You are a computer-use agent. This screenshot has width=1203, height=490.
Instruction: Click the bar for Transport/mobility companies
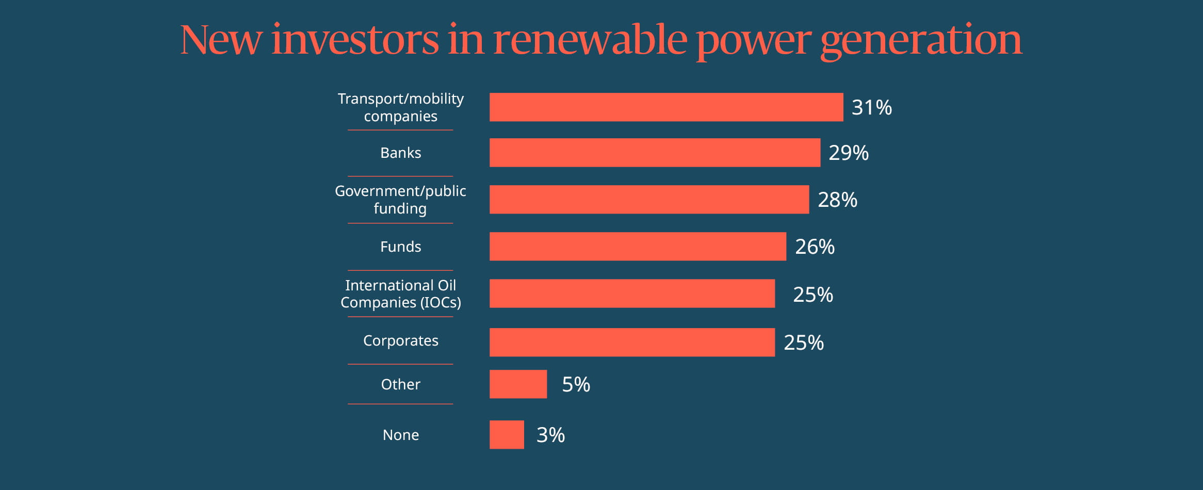(666, 107)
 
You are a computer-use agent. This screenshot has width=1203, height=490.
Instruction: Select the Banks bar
(655, 153)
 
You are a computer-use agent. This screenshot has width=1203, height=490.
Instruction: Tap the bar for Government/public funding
(649, 200)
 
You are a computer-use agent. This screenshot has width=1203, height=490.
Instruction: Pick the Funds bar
(638, 247)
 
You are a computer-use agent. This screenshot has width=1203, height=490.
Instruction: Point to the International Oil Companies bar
(632, 293)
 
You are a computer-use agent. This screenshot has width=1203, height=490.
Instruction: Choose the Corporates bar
(632, 342)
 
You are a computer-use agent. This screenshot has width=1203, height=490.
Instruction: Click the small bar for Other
(518, 384)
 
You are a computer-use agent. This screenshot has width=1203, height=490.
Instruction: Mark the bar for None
(507, 435)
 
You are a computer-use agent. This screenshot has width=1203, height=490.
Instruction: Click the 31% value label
(871, 107)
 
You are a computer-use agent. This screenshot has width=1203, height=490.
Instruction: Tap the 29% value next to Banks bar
(849, 153)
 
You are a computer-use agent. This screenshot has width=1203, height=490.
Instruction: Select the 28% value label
(837, 200)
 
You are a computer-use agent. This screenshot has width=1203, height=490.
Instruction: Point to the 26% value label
(815, 247)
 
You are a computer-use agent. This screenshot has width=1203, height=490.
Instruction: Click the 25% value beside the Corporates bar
(803, 342)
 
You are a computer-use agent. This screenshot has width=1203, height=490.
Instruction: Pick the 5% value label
(576, 384)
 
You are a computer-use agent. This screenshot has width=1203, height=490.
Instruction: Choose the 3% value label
(550, 435)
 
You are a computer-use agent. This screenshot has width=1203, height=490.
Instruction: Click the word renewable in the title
(590, 40)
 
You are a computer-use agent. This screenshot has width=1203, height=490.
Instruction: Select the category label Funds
(400, 247)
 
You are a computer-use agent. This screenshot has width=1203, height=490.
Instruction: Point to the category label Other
(400, 384)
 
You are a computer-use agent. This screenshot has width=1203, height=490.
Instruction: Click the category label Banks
(400, 153)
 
